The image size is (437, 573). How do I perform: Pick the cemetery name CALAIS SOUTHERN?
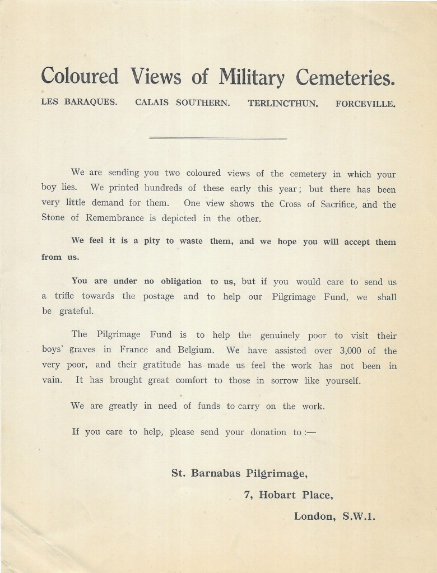182,104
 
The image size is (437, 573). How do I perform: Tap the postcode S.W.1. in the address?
359,516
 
